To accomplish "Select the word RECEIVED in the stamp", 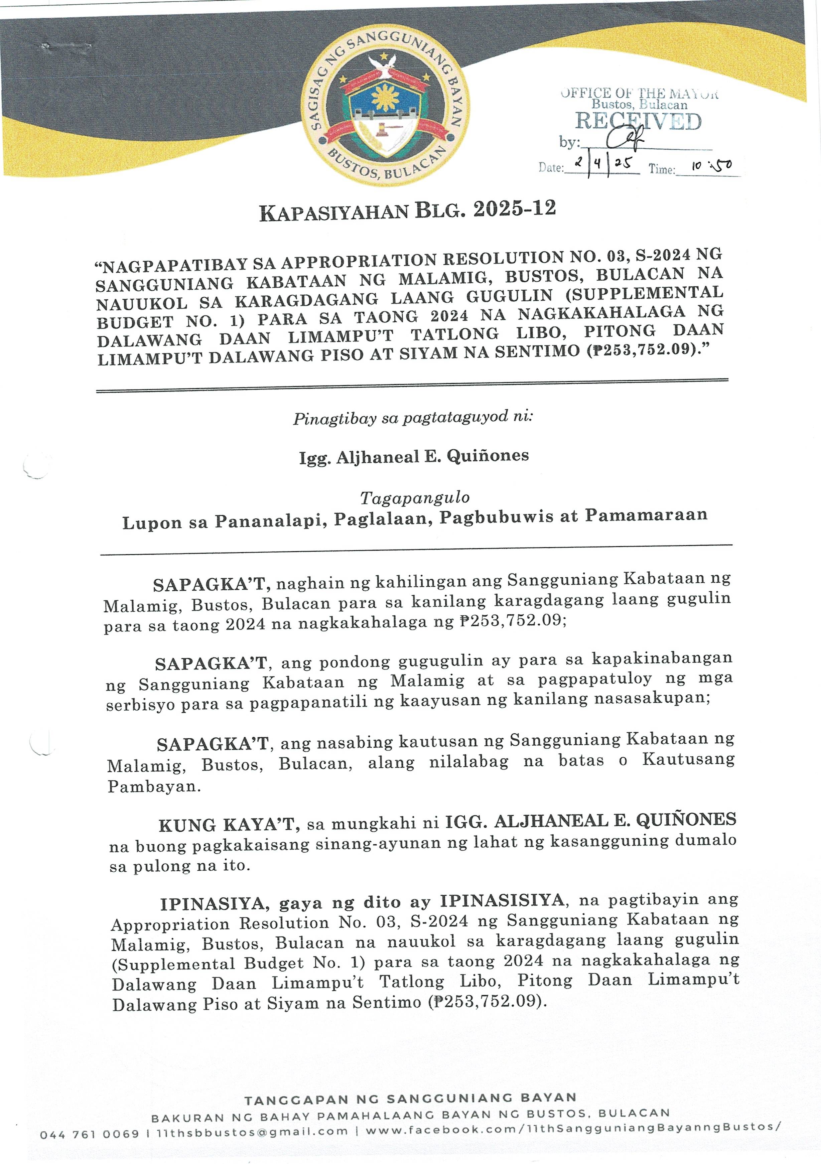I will (638, 122).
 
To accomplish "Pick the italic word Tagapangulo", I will (415, 498).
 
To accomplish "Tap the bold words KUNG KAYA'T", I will (227, 825).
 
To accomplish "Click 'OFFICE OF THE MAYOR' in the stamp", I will (640, 93).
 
